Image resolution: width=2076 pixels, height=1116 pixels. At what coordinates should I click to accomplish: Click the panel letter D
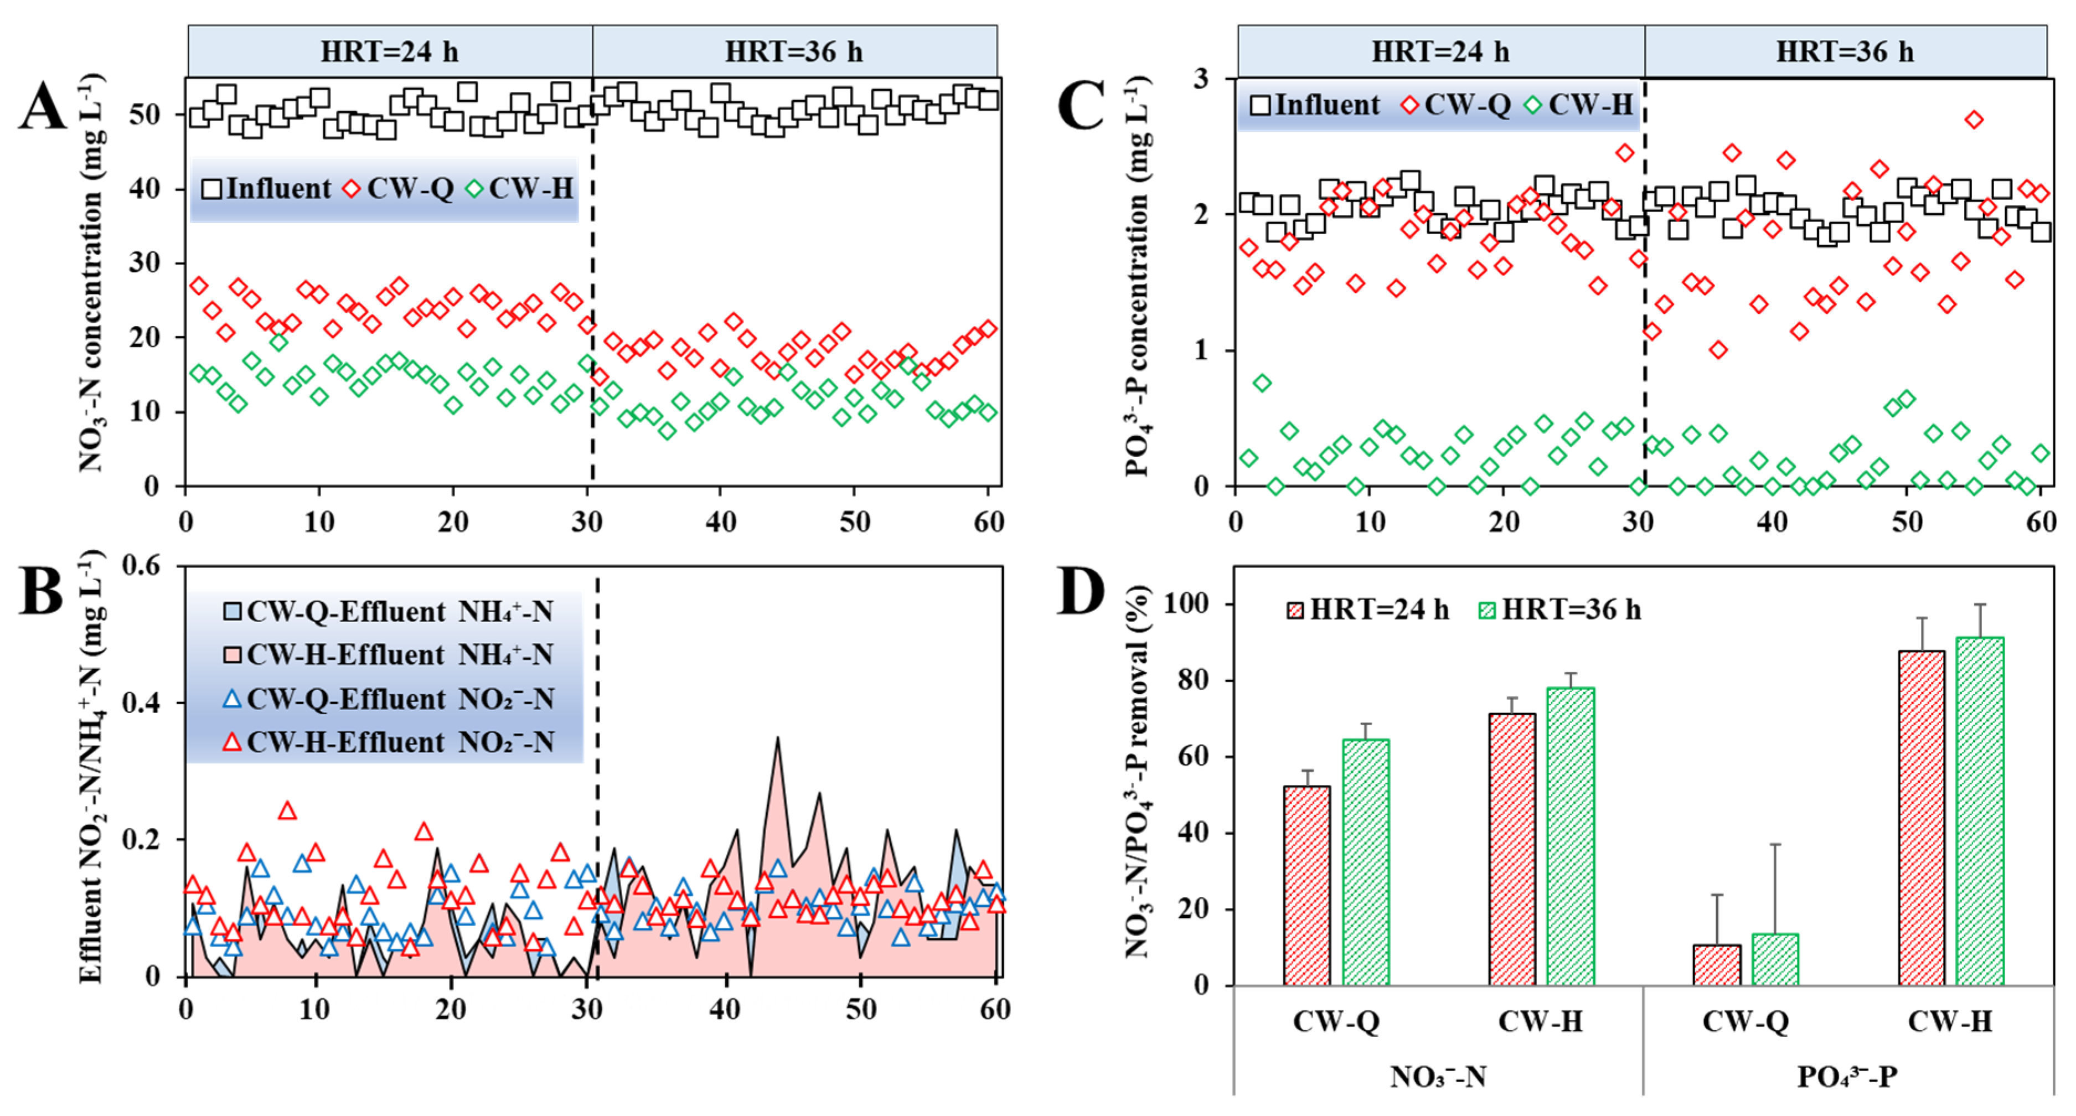tap(1081, 592)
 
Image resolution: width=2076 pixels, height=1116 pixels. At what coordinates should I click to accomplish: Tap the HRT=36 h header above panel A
tap(794, 51)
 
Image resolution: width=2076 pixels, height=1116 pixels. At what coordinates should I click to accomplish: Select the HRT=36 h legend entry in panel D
tap(1560, 610)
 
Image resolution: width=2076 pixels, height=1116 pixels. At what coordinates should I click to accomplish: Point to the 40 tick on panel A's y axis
tap(145, 189)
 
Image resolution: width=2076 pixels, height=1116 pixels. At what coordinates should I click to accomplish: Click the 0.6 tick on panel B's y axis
tap(141, 566)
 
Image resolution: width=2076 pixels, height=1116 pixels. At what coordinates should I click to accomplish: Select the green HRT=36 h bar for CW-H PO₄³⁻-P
tap(1979, 810)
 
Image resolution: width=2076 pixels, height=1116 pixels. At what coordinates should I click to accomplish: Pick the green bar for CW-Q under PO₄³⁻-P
tap(1775, 959)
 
